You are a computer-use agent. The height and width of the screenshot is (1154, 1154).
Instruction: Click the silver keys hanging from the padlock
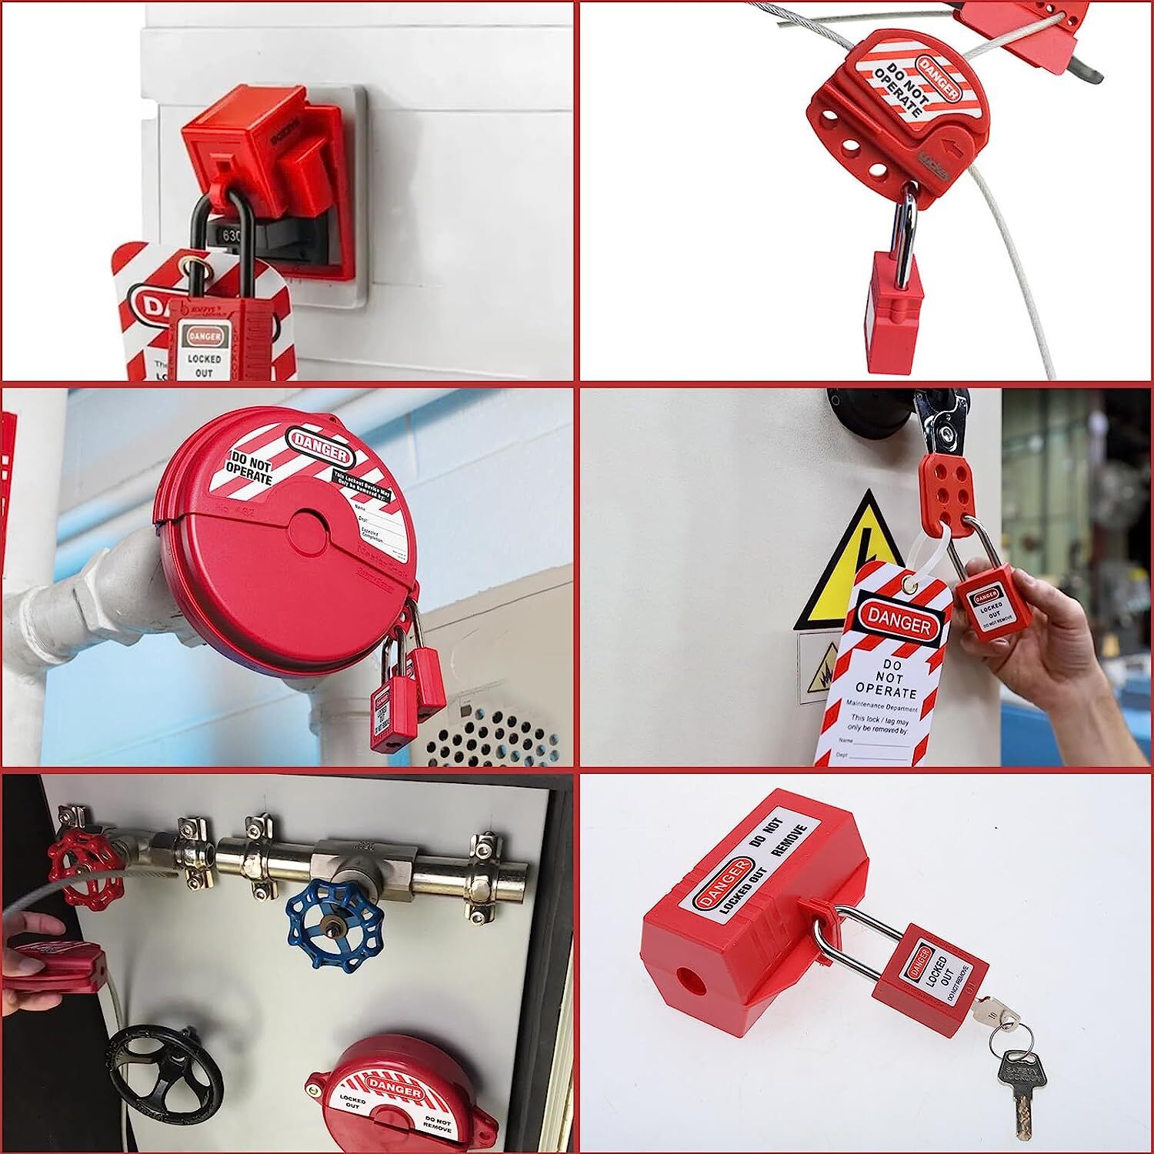[1016, 1069]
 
